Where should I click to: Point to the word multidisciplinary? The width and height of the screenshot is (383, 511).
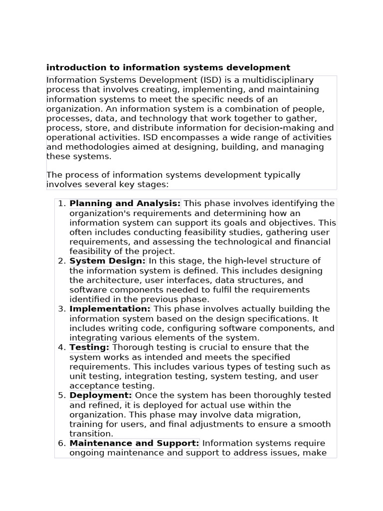click(278, 80)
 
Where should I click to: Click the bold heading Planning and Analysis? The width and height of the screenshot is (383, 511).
click(125, 204)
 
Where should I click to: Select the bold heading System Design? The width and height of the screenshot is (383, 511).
click(107, 261)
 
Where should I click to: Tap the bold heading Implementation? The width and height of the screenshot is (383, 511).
click(110, 309)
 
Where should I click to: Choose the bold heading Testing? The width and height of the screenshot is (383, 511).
click(89, 347)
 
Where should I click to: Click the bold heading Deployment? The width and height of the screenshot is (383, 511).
click(100, 395)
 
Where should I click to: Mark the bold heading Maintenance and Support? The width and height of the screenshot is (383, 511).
click(134, 443)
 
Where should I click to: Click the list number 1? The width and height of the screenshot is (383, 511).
click(61, 204)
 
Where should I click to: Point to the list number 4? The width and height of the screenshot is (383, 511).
click(61, 347)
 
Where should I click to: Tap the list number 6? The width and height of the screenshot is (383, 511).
click(61, 443)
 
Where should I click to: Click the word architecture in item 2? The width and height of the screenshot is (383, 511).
click(108, 280)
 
